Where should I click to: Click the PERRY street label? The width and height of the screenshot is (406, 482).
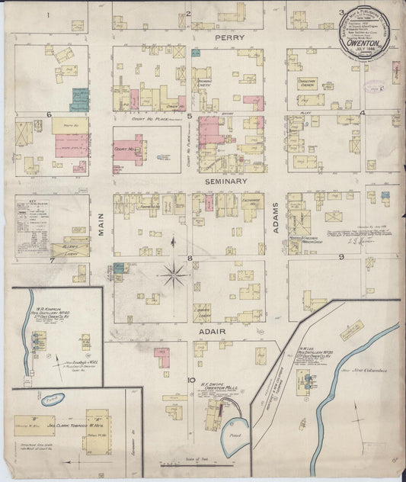point(228,37)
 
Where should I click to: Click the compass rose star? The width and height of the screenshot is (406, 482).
point(174,273)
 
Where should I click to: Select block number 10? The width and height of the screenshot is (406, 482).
point(193,379)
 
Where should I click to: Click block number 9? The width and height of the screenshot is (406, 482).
point(342,257)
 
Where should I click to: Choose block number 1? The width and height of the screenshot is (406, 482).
point(47,14)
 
